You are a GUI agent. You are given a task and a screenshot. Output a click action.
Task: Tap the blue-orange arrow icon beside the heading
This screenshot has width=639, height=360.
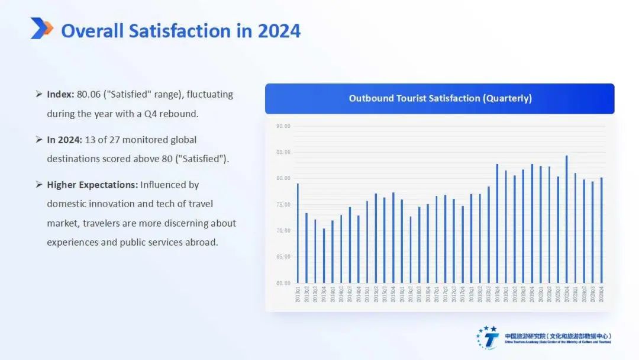click(x=41, y=28)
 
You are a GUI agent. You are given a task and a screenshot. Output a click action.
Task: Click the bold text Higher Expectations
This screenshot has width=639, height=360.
click(x=92, y=185)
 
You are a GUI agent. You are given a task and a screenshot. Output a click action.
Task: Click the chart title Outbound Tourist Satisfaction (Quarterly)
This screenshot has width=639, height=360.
click(x=440, y=98)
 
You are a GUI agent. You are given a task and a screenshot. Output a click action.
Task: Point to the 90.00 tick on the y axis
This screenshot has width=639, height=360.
click(x=283, y=126)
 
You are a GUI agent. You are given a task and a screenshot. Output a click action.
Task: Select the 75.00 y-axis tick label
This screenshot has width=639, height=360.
click(x=283, y=204)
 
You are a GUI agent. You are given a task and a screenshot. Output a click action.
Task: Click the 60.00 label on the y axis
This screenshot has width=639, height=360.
click(x=283, y=283)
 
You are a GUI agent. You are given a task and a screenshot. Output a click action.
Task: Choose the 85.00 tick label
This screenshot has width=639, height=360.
click(x=283, y=152)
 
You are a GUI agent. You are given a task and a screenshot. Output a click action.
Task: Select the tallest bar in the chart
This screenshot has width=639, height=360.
click(x=566, y=219)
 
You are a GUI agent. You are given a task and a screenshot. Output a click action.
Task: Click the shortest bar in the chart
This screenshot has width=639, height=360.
click(x=324, y=255)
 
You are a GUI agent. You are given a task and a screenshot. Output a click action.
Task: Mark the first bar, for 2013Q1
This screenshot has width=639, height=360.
click(x=298, y=233)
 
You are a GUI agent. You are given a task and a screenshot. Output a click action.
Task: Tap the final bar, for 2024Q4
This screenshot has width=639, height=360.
click(x=601, y=230)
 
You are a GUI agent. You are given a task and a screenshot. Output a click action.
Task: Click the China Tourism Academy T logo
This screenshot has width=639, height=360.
click(x=489, y=337)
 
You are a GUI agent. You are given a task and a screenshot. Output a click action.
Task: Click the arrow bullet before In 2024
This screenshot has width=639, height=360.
click(x=38, y=140)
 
